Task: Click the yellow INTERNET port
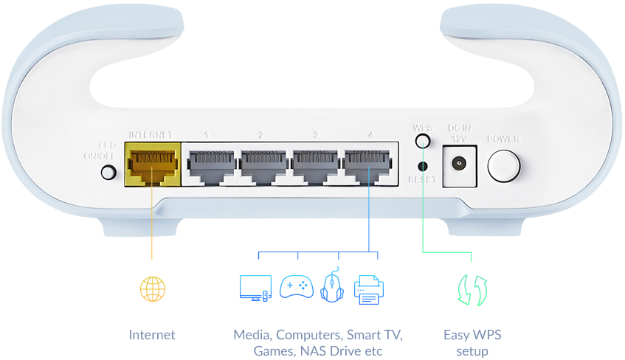click(153, 164)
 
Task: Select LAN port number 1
click(210, 164)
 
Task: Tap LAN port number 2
click(262, 164)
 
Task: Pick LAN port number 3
click(315, 164)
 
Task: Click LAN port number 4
click(367, 164)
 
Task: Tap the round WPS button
click(422, 142)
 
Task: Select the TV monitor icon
click(255, 288)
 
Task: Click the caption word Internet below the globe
click(152, 335)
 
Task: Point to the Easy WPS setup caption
click(472, 342)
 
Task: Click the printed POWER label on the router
click(503, 139)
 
